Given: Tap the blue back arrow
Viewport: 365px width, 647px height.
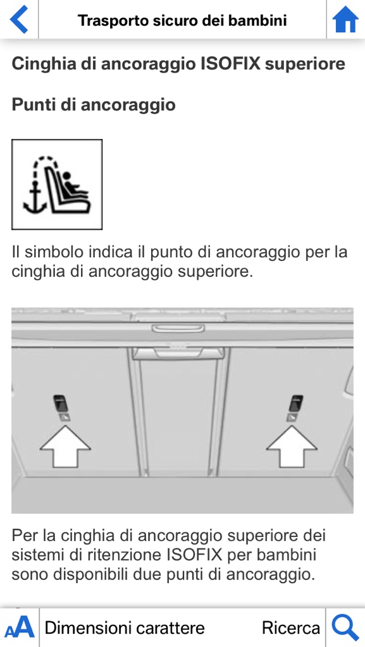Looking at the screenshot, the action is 18,20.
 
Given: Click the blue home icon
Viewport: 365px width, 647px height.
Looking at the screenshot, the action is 345,20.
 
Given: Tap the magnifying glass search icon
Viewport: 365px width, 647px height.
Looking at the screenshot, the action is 345,627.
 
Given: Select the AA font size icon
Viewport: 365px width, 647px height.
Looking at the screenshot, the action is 20,627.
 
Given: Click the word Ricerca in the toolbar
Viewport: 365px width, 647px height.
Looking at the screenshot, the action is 291,628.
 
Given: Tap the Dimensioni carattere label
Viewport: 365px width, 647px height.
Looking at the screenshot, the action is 125,628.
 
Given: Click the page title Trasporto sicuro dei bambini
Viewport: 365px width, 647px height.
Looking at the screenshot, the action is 182,20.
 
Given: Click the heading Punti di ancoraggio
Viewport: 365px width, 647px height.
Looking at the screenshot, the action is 94,105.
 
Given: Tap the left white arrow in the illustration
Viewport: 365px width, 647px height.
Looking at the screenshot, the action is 65,447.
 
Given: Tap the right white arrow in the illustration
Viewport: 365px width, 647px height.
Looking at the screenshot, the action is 292,447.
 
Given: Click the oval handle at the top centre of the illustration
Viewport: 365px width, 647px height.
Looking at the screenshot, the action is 178,329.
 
